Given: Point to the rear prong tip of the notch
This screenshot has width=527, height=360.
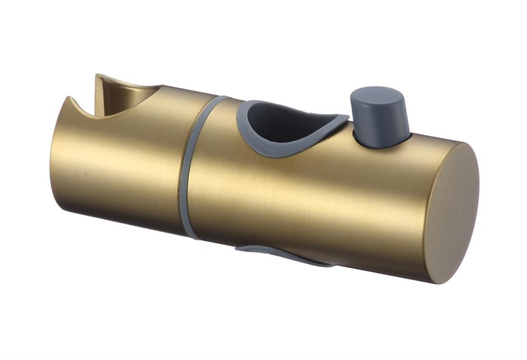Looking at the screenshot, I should tap(100, 78).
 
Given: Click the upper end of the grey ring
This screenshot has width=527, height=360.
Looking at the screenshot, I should tap(218, 101).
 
